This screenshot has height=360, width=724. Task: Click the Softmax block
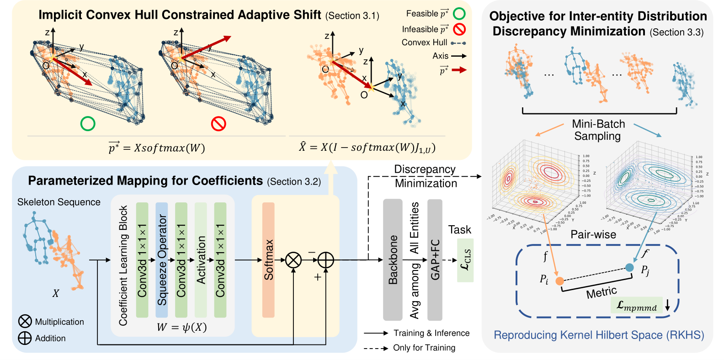[268, 259]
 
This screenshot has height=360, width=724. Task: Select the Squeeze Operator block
[162, 259]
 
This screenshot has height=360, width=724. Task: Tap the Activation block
[201, 259]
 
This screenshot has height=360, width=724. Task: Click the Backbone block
[393, 259]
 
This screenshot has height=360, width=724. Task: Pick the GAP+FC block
[435, 259]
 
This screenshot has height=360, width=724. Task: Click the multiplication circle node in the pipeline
[293, 260]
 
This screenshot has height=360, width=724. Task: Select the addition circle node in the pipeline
[325, 260]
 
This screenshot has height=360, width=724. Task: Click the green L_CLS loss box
[465, 260]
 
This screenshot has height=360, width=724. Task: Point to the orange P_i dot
[559, 281]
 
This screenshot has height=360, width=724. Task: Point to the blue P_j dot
[629, 267]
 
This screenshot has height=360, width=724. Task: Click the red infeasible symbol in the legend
[459, 29]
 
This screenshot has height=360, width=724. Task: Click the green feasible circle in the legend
[459, 14]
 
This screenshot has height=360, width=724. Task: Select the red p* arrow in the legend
[459, 70]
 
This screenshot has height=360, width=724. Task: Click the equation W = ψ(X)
[181, 327]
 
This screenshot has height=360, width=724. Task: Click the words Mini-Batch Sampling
[598, 130]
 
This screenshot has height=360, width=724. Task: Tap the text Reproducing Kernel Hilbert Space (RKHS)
[599, 335]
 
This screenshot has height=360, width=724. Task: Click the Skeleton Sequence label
[59, 202]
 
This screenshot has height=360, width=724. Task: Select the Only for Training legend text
[424, 348]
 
